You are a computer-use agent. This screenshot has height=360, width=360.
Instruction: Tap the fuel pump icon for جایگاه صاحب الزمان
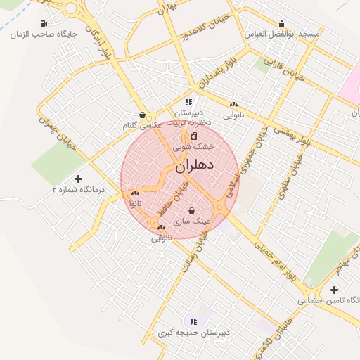pyautogui.click(x=44, y=23)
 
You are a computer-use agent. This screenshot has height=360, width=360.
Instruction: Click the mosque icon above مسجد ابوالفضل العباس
pyautogui.click(x=282, y=23)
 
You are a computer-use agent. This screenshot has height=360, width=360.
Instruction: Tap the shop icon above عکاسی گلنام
pyautogui.click(x=143, y=115)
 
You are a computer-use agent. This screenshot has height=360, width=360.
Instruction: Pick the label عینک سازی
pyautogui.click(x=192, y=221)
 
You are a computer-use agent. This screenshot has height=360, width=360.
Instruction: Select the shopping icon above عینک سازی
pyautogui.click(x=192, y=210)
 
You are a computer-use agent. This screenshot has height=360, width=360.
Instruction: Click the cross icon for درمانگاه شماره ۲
pyautogui.click(x=77, y=179)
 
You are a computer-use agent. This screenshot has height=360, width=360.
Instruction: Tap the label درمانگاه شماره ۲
pyautogui.click(x=78, y=190)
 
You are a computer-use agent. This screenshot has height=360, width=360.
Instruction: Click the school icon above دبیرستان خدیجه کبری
pyautogui.click(x=194, y=321)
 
